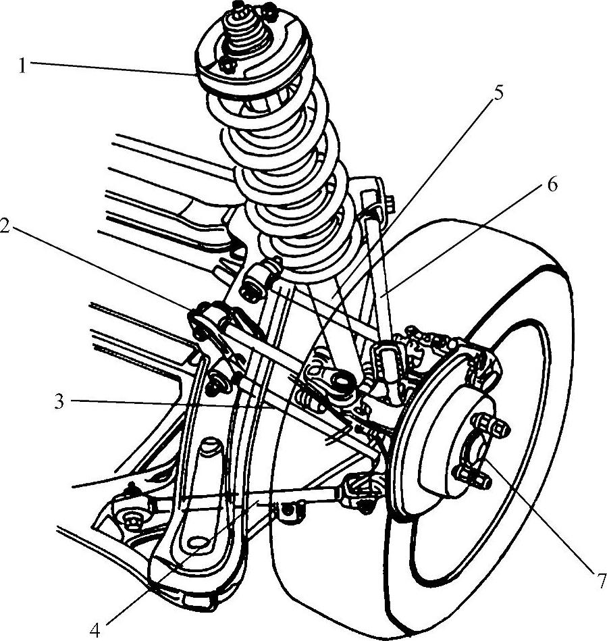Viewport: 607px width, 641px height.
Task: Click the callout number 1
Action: (23, 66)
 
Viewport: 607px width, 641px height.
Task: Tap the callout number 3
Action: (59, 401)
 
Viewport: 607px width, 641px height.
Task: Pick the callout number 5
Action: (497, 93)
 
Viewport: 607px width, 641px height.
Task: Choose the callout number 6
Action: (552, 185)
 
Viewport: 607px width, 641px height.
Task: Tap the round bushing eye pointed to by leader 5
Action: (340, 380)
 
